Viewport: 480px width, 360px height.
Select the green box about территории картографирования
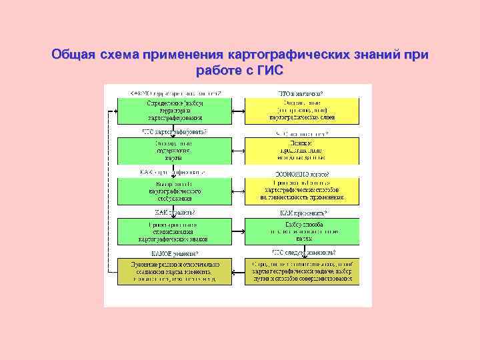click(175, 110)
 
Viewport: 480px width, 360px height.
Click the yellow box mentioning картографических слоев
click(302, 110)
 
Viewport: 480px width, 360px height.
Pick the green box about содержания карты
click(175, 151)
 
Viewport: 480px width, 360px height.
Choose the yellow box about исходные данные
click(302, 151)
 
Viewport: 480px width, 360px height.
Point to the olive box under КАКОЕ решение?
click(175, 272)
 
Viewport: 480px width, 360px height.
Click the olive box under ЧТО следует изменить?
click(302, 272)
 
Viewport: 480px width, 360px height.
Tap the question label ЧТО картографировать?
click(175, 132)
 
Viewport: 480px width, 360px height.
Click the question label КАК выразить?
click(175, 213)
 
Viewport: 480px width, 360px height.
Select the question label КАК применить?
click(302, 213)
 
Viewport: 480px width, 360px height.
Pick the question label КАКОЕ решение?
click(175, 253)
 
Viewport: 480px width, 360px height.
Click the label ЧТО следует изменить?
click(303, 253)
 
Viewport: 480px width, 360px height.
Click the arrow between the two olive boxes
click(238, 272)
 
